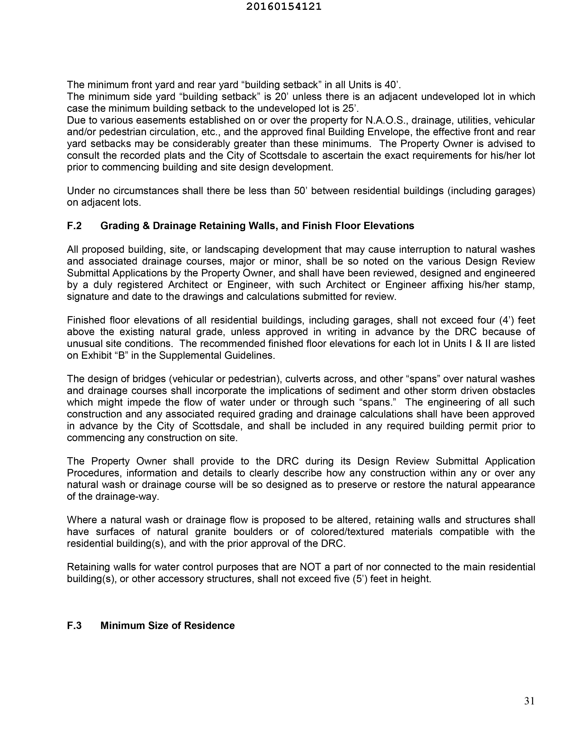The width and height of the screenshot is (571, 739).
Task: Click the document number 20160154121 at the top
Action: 283,7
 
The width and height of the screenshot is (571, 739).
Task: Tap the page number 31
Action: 529,701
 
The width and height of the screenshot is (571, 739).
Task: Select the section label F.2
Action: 74,226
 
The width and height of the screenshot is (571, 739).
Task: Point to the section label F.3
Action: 74,625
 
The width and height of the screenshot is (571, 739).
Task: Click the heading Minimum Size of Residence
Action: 168,625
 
